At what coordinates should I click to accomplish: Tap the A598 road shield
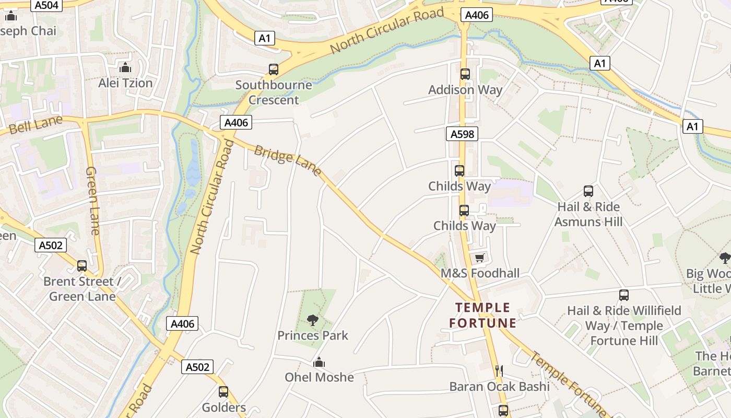(463, 134)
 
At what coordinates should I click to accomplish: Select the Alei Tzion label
(125, 83)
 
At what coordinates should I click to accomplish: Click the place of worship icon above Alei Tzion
(125, 67)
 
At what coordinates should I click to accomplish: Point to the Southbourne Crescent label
(274, 92)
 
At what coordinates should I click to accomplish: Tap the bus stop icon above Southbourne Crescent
(274, 69)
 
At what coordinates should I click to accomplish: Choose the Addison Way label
(465, 89)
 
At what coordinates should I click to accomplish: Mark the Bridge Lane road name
(287, 160)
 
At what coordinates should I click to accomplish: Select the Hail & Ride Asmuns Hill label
(588, 214)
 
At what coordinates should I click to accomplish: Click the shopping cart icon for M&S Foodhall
(480, 258)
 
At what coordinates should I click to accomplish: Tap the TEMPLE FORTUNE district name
(483, 315)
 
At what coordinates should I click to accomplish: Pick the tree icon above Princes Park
(313, 320)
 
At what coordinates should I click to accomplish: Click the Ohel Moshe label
(319, 377)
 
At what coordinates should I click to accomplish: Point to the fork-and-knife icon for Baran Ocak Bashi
(499, 370)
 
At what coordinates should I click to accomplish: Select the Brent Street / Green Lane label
(82, 289)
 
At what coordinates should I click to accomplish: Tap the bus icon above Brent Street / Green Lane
(82, 265)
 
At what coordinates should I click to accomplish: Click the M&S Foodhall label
(480, 273)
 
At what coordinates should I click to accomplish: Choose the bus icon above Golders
(223, 391)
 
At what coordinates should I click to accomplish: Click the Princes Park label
(313, 335)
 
